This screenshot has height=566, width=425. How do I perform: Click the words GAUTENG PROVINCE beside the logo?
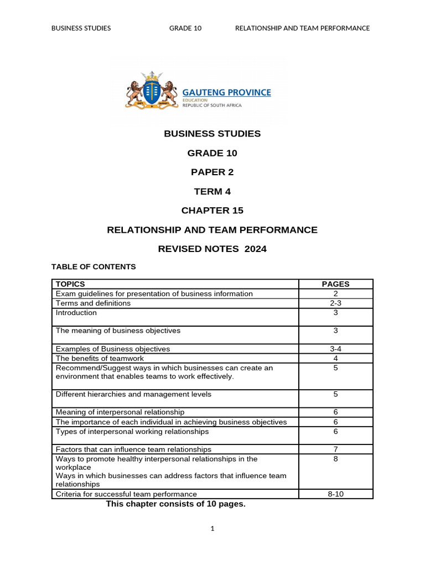click(x=227, y=92)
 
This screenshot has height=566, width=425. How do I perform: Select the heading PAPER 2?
click(x=212, y=172)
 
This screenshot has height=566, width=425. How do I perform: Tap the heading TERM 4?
click(x=212, y=191)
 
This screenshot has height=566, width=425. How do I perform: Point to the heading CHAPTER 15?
click(x=212, y=211)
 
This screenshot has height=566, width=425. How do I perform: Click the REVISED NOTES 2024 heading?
click(x=212, y=249)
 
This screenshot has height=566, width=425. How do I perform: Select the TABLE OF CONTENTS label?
click(x=94, y=267)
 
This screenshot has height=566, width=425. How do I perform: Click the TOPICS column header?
click(x=70, y=284)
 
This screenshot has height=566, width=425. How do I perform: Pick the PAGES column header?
click(x=335, y=284)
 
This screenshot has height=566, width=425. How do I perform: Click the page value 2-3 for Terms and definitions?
click(x=335, y=303)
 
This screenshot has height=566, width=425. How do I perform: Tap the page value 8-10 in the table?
click(x=335, y=494)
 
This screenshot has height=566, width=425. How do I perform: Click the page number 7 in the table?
click(x=335, y=449)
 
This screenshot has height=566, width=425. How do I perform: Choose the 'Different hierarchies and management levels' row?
click(x=133, y=395)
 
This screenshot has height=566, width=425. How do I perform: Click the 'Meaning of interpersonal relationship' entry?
click(x=120, y=412)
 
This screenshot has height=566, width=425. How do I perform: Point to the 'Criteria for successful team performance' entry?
click(x=126, y=494)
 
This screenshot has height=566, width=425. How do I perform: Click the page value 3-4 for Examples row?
click(x=335, y=349)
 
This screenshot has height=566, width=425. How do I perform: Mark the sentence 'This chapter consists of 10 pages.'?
click(x=175, y=504)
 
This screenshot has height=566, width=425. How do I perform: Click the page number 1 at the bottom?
click(x=212, y=529)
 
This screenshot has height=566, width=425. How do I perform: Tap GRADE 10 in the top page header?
click(x=185, y=28)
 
